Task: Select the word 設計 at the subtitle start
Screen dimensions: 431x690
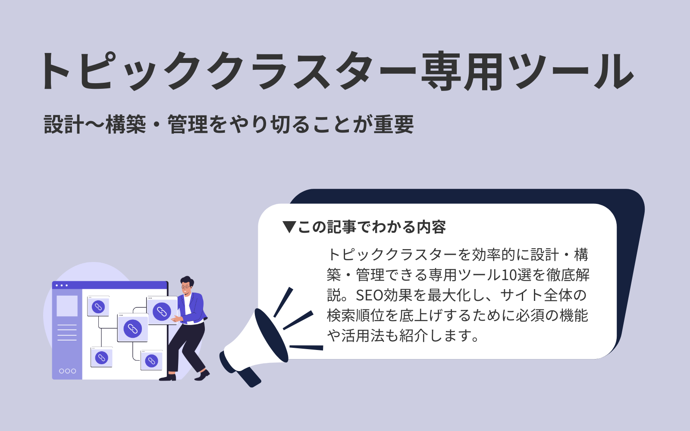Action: click(x=63, y=125)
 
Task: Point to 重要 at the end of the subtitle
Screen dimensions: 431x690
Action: click(x=394, y=125)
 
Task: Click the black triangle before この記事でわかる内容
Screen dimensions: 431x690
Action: click(x=289, y=227)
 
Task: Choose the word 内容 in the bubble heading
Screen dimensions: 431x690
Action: click(x=432, y=227)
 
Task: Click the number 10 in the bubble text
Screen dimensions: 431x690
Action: click(x=509, y=275)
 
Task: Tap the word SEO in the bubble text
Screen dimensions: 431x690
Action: click(x=369, y=295)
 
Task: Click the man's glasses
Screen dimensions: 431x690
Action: click(x=186, y=286)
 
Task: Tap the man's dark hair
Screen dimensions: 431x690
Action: click(x=187, y=280)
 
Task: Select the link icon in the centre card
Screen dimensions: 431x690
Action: click(x=133, y=329)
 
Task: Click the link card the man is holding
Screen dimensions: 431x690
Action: click(x=162, y=311)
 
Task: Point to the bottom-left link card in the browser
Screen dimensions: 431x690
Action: click(x=101, y=357)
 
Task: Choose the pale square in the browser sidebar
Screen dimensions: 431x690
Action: click(x=67, y=306)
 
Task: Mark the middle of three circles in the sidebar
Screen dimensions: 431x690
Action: click(x=67, y=371)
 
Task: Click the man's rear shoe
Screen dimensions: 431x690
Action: click(x=167, y=378)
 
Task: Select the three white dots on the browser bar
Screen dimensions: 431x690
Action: click(x=62, y=285)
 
